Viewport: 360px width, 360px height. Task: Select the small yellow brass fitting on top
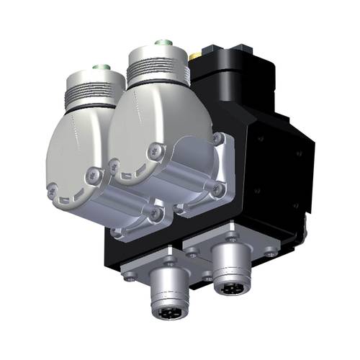194,55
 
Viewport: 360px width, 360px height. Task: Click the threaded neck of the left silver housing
89,89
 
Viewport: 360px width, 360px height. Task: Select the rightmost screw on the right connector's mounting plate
269,252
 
